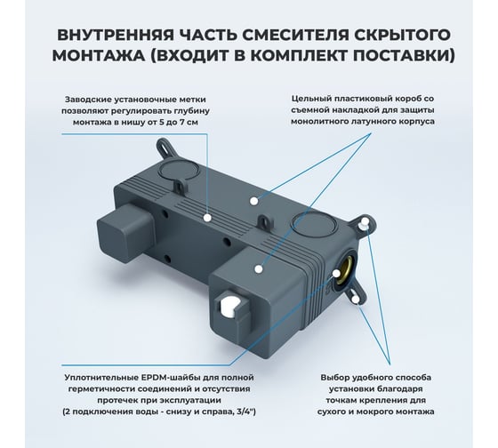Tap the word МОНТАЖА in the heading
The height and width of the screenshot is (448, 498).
(98, 55)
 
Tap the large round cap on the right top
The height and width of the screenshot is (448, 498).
(313, 225)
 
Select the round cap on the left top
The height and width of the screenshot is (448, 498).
(178, 170)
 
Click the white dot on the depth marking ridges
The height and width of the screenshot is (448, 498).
(207, 218)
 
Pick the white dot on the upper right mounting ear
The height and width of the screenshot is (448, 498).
(365, 221)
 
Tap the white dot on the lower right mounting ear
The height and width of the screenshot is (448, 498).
(356, 299)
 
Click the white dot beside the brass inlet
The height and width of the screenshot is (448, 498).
(336, 273)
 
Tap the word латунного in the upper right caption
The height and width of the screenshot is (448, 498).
(365, 121)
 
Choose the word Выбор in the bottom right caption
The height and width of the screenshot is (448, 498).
(332, 378)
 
